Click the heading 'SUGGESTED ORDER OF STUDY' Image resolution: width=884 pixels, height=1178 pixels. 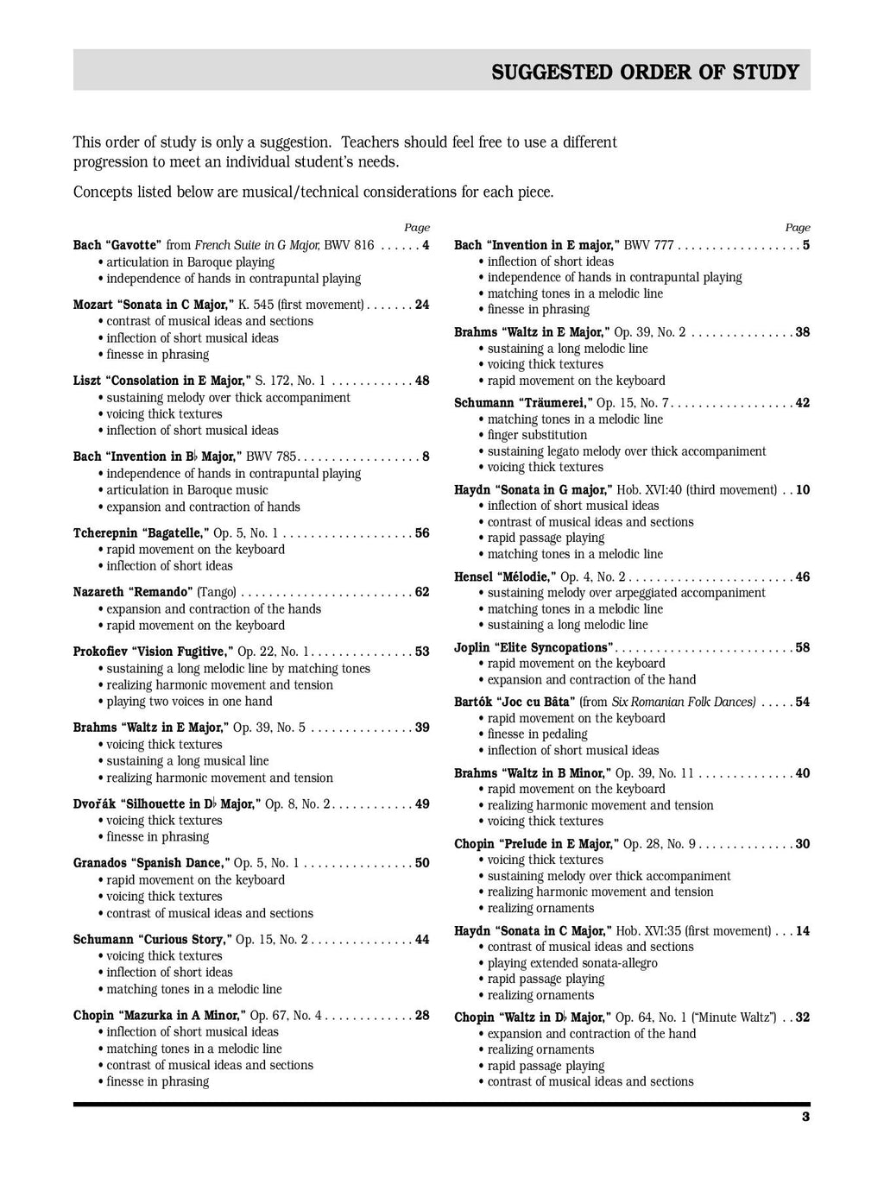[x=645, y=72]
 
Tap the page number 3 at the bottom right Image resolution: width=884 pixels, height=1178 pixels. [x=805, y=1117]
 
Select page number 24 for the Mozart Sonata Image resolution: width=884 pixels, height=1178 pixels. [x=421, y=305]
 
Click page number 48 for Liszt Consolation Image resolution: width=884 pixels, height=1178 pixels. [x=421, y=381]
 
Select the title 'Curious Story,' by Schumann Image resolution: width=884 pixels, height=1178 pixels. [x=184, y=939]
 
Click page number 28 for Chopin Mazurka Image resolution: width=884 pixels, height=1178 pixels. [x=421, y=1015]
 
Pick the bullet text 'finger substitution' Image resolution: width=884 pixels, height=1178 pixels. [x=537, y=435]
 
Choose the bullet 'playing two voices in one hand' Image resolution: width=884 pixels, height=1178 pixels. [x=189, y=702]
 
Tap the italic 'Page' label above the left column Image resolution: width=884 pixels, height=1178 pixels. [x=417, y=228]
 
